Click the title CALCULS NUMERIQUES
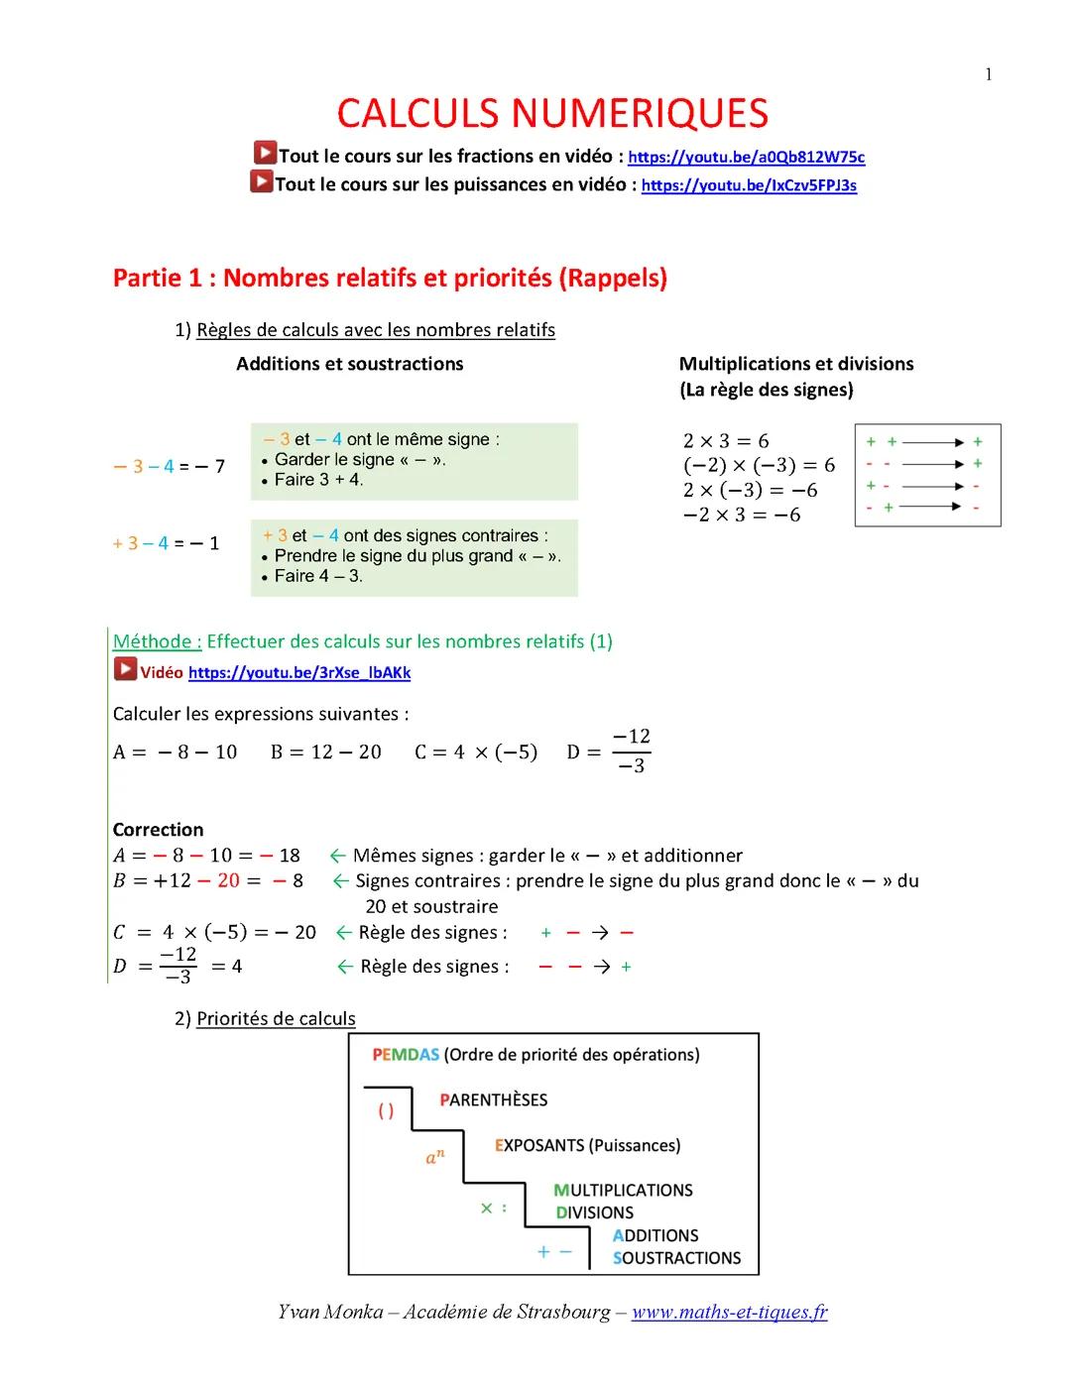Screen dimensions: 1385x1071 pyautogui.click(x=552, y=114)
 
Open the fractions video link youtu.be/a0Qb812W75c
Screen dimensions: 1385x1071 pyautogui.click(x=746, y=157)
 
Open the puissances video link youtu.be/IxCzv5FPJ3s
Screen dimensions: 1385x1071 pyautogui.click(x=749, y=185)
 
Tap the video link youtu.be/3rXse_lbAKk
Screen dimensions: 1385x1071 pyautogui.click(x=298, y=672)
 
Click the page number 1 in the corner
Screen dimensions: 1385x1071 pyautogui.click(x=988, y=74)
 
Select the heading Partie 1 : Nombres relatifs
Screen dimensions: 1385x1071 pyautogui.click(x=390, y=278)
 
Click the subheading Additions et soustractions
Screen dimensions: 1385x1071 pyautogui.click(x=349, y=364)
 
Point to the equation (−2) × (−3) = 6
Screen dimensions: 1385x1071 pyautogui.click(x=759, y=465)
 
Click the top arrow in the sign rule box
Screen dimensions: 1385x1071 pyautogui.click(x=932, y=442)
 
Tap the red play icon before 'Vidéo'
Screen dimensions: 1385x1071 pyautogui.click(x=125, y=670)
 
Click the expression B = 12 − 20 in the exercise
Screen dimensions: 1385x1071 pyautogui.click(x=325, y=751)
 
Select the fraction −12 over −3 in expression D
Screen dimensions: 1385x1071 pyautogui.click(x=631, y=750)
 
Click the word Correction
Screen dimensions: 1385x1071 pyautogui.click(x=158, y=830)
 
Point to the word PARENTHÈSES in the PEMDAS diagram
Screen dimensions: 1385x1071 pyautogui.click(x=493, y=1099)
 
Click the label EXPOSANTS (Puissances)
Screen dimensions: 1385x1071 pyautogui.click(x=587, y=1145)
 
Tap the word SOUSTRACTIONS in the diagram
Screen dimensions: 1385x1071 pyautogui.click(x=676, y=1258)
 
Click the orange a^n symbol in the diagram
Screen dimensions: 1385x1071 pyautogui.click(x=435, y=1156)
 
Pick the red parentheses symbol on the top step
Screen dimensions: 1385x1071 pyautogui.click(x=386, y=1111)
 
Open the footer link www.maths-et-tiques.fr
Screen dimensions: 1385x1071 pyautogui.click(x=729, y=1312)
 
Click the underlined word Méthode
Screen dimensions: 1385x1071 pyautogui.click(x=157, y=641)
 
